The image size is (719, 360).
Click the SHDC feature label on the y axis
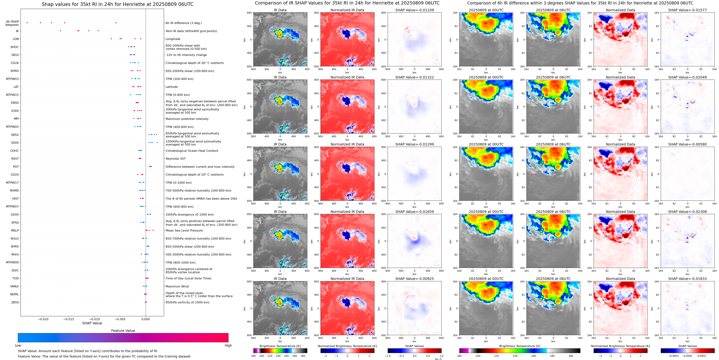(x=15, y=47)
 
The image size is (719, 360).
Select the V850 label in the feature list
(x=15, y=135)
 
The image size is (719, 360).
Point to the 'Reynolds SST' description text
(x=175, y=159)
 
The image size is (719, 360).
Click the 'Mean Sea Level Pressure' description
(x=184, y=230)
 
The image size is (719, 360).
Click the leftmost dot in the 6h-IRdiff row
(x=27, y=23)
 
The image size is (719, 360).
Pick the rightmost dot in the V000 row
(x=157, y=142)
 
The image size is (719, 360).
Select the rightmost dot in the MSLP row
(x=153, y=230)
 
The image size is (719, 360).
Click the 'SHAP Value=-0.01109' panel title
(x=415, y=10)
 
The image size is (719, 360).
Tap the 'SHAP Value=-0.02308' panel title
(x=687, y=212)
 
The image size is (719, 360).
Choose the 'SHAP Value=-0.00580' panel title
(x=687, y=144)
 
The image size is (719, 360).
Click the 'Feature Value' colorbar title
(x=123, y=331)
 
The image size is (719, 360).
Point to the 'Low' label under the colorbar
(x=18, y=345)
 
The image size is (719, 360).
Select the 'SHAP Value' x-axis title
(x=92, y=323)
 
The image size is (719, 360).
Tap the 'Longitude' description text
(x=173, y=39)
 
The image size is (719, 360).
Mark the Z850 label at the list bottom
(x=15, y=302)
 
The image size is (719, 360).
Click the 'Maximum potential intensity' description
(x=187, y=119)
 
